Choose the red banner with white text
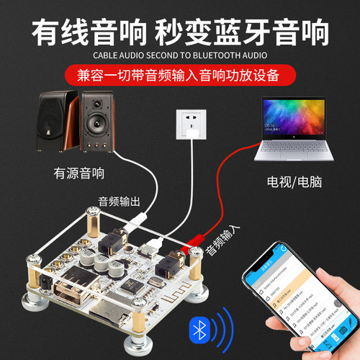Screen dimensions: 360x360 [x=180, y=74]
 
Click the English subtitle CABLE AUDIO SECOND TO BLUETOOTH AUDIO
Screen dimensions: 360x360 [x=180, y=53]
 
